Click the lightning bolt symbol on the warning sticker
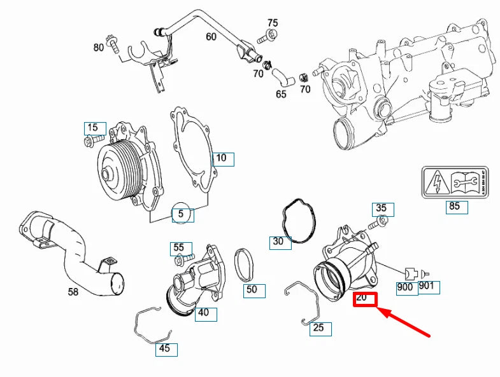(438, 183)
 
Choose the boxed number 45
(164, 349)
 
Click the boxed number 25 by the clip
(318, 328)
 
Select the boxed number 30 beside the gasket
(278, 242)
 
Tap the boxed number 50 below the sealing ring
(252, 290)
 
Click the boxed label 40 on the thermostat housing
(203, 313)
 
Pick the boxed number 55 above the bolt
(178, 247)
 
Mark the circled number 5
(181, 214)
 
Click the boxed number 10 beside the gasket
(221, 158)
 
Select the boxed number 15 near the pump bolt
(92, 128)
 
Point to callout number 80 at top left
(98, 47)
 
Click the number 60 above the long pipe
(211, 37)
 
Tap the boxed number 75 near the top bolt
(272, 24)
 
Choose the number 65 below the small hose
(281, 95)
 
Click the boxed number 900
(405, 287)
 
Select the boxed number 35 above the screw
(382, 208)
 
